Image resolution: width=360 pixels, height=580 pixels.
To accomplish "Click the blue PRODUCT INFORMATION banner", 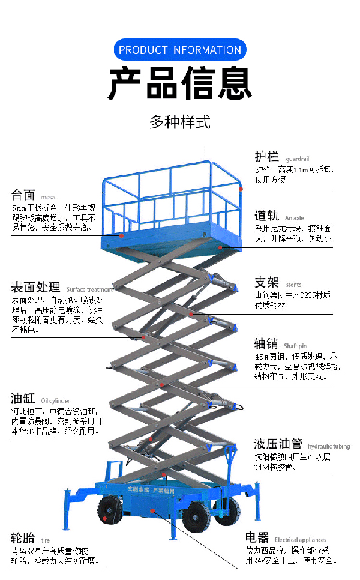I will [x=180, y=50].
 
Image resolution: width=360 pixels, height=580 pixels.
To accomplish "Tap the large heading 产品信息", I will [x=180, y=83].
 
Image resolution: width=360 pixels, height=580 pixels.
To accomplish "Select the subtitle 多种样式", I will [x=180, y=123].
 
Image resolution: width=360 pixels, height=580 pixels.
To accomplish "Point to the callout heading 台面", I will [x=23, y=195].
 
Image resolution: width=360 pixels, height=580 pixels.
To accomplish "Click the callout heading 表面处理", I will [x=35, y=286].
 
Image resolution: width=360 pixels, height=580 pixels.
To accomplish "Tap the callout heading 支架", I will [x=267, y=283].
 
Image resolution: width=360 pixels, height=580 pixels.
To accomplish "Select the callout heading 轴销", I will [x=266, y=343].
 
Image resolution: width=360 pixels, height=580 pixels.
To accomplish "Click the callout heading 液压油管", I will [x=279, y=444].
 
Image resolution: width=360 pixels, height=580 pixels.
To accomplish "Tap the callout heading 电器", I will [x=257, y=537].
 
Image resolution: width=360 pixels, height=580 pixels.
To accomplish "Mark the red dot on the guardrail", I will [x=241, y=189].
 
